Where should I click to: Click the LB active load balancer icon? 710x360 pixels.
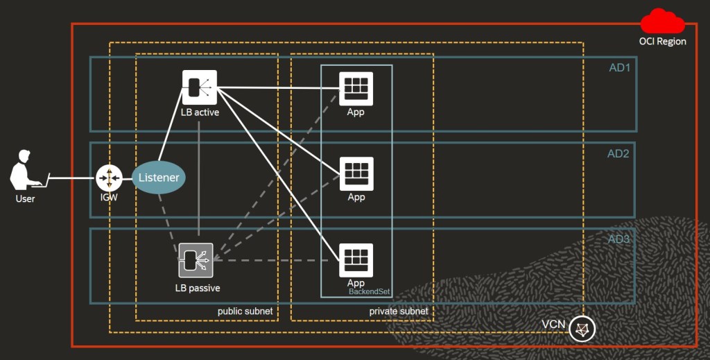(199, 87)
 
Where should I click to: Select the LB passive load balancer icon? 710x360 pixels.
(196, 260)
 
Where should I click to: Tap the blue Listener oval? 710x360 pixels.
(159, 178)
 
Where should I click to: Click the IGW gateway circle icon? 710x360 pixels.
(109, 178)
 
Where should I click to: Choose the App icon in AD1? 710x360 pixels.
(356, 88)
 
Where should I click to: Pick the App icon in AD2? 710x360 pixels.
(356, 173)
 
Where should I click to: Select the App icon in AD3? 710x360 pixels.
(356, 259)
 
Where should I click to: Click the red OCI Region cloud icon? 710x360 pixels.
(662, 22)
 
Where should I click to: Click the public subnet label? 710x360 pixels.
(245, 311)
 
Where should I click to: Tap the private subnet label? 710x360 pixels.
(399, 311)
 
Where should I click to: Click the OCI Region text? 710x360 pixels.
(662, 42)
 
